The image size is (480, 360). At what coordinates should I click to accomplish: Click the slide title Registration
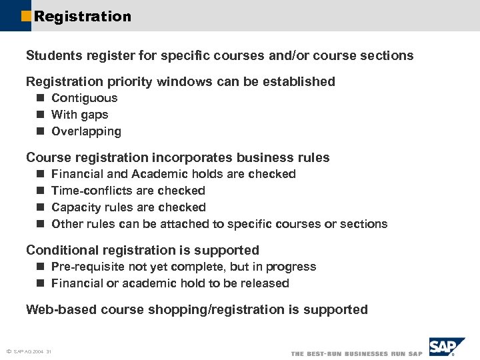83,16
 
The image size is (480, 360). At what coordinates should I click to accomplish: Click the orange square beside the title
26,16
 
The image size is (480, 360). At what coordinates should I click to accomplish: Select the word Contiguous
84,98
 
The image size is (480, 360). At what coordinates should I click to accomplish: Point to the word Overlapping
86,131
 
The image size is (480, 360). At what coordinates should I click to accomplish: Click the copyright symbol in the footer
7,351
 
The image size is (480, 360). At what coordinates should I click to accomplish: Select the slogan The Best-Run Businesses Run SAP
357,353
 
